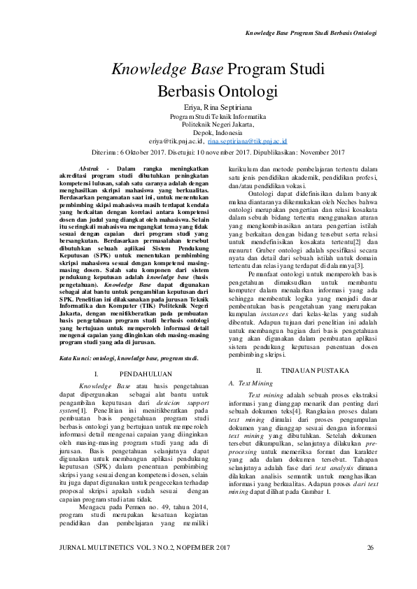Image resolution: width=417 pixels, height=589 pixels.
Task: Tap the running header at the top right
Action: pyautogui.click(x=311, y=33)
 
